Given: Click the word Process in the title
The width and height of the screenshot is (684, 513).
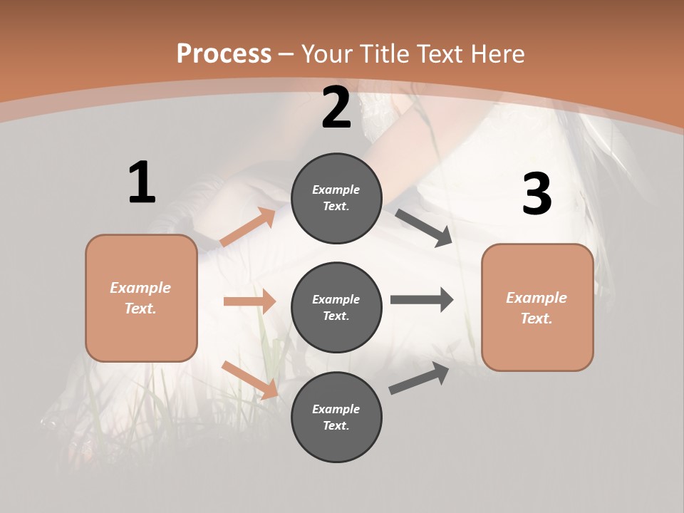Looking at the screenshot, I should tap(224, 53).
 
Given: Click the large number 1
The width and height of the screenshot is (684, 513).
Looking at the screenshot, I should tap(142, 182).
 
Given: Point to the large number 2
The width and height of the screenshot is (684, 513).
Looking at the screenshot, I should tap(336, 108).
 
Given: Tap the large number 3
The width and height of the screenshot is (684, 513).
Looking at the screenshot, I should tap(537, 195).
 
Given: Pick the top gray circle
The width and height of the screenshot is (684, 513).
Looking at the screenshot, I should tap(336, 198).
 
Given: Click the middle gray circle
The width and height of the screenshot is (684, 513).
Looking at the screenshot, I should tap(336, 308).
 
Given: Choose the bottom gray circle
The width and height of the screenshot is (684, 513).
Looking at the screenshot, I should tap(336, 418).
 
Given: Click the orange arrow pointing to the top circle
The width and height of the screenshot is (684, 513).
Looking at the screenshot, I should tap(248, 227).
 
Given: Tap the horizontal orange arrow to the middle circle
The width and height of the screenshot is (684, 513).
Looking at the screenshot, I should tap(249, 301).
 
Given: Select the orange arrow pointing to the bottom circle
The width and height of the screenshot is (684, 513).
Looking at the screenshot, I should tap(249, 379).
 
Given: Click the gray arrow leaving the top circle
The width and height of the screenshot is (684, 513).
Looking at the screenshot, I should tap(424, 227).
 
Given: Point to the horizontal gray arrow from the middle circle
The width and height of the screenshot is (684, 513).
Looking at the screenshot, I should tap(421, 299).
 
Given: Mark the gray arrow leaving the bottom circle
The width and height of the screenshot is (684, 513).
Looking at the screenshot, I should tap(419, 378).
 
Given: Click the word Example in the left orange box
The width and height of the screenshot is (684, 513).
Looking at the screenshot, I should tap(140, 288).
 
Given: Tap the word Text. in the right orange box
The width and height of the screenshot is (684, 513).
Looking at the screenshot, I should tap(537, 318).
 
